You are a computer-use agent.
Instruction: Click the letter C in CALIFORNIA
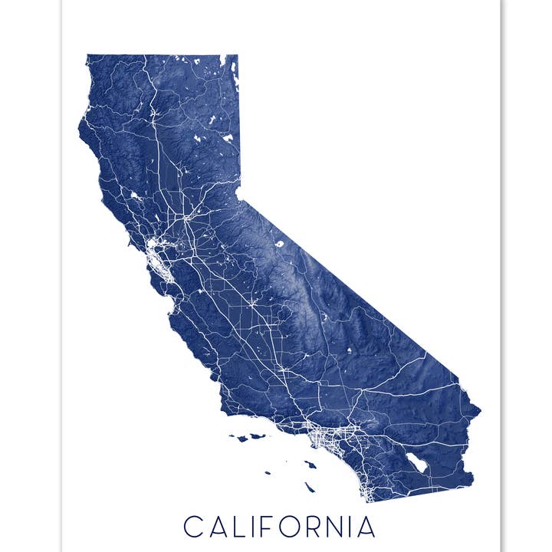point(195,527)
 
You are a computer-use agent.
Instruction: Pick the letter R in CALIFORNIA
point(326,527)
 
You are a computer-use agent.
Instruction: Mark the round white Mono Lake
point(279,244)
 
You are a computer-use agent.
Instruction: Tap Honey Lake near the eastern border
point(228,138)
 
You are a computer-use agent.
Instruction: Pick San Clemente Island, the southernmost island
point(309,487)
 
